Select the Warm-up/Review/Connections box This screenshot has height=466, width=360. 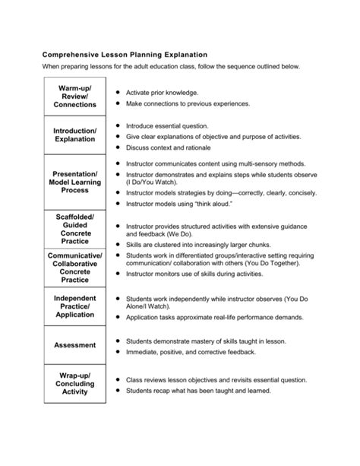[74, 97]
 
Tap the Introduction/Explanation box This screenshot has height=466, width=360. [74, 136]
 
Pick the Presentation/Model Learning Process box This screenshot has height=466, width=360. [74, 182]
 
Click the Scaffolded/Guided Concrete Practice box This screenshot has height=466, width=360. [74, 229]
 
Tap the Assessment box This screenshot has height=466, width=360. [74, 345]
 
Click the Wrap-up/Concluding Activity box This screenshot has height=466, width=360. [74, 384]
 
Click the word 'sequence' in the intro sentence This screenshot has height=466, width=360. [236, 67]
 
